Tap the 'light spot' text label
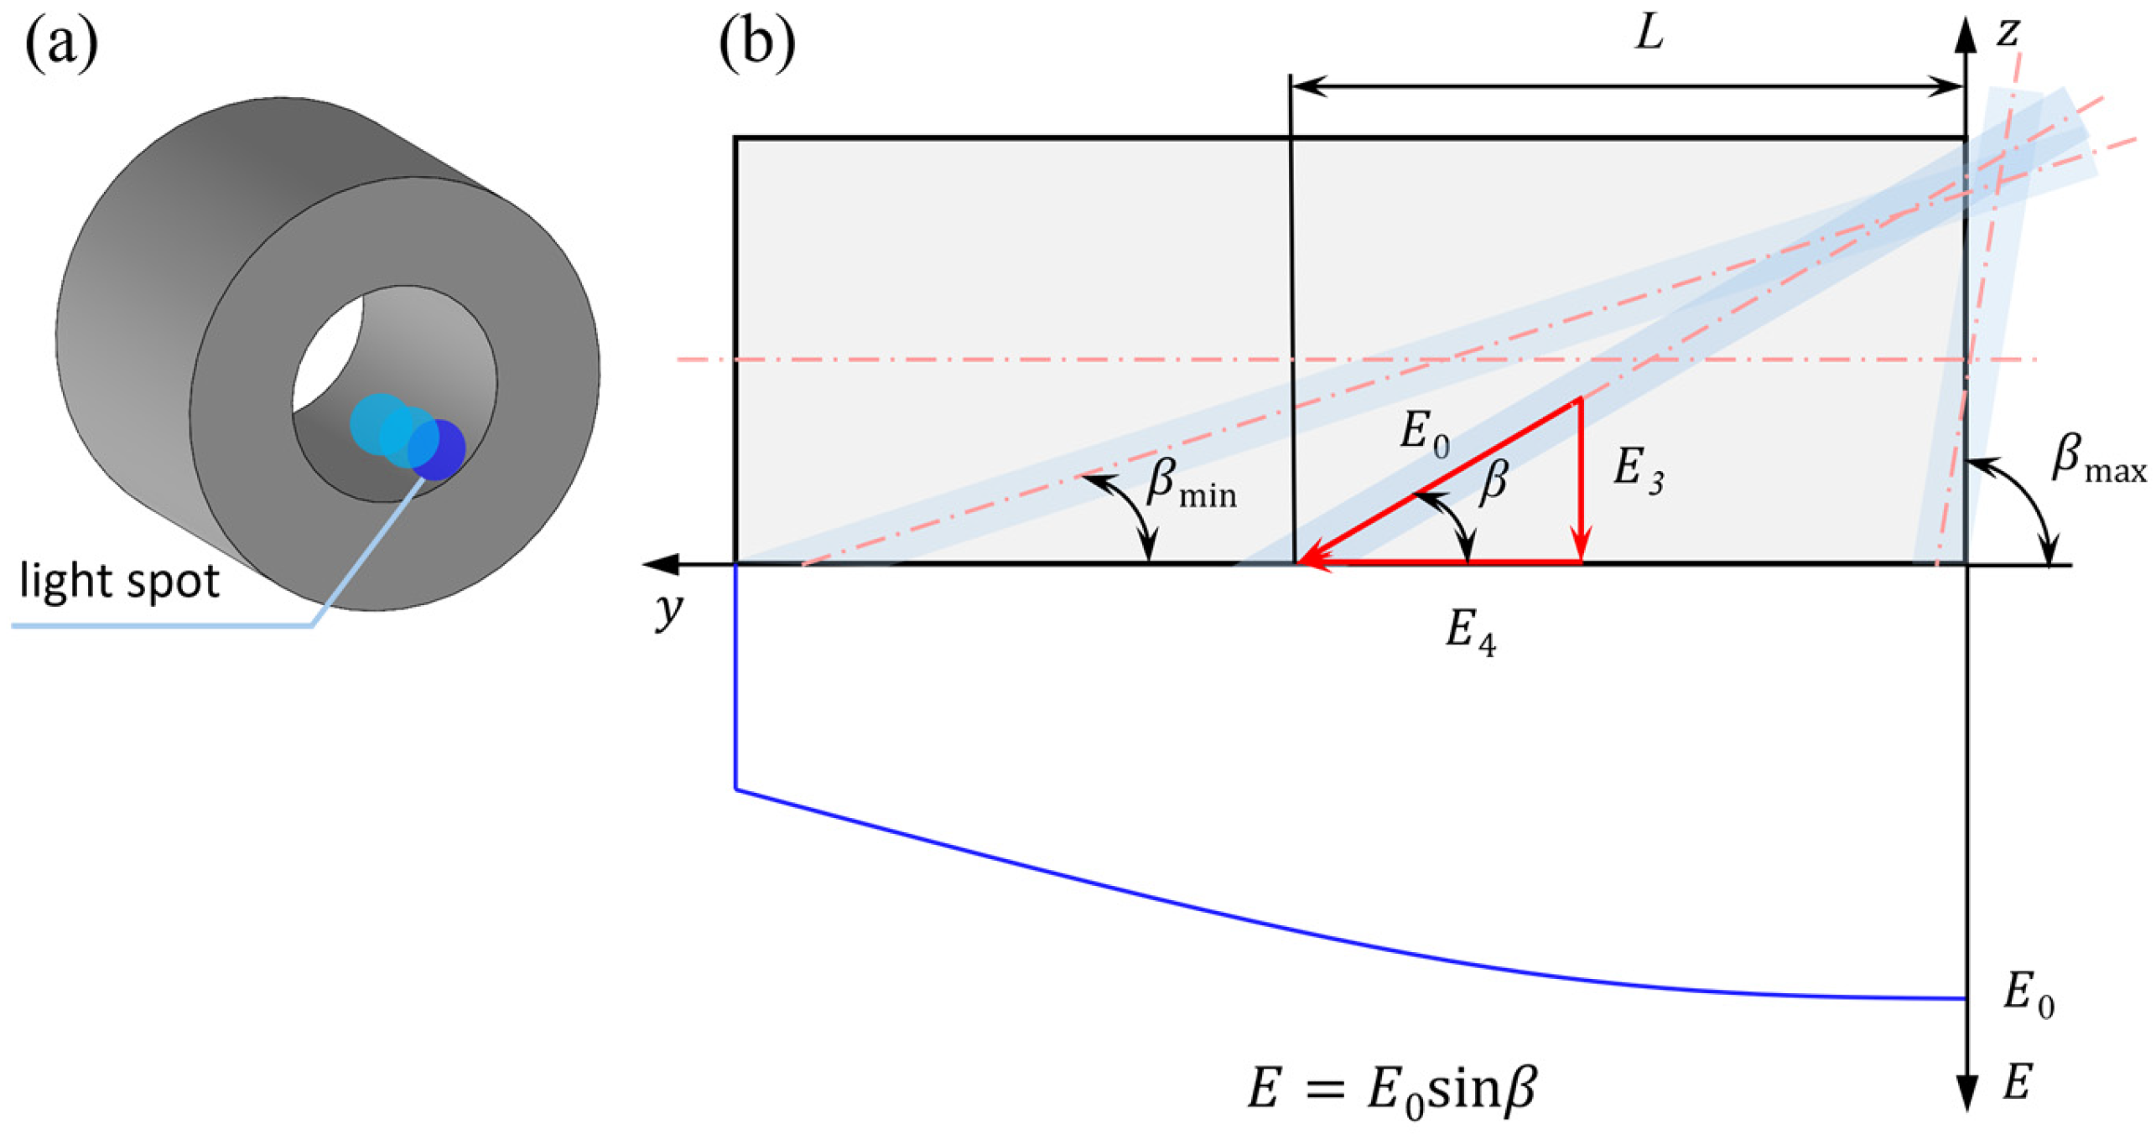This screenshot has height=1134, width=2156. (118, 581)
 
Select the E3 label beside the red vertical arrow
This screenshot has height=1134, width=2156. (1638, 469)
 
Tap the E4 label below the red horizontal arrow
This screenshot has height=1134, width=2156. (1469, 630)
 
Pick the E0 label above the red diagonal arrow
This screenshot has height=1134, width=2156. (1424, 436)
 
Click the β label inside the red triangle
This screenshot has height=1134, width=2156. (1494, 482)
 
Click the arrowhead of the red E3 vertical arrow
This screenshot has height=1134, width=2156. (1581, 548)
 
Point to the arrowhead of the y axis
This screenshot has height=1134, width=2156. (658, 564)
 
